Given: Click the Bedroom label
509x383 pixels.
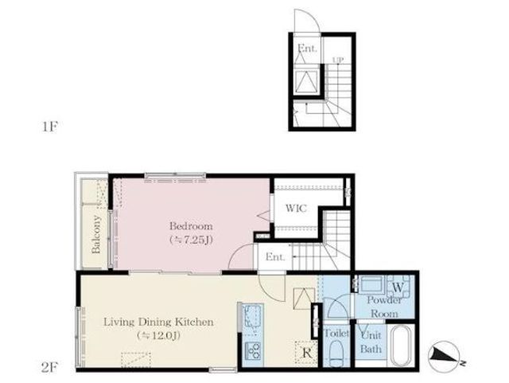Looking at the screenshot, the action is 191,226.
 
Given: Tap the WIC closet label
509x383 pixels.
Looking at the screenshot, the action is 296,208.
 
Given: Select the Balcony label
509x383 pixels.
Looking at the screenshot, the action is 95,234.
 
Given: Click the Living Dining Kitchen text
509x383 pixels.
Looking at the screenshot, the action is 158,322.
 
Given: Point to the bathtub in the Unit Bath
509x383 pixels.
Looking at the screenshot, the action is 401,346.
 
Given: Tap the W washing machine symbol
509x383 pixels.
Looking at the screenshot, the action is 398,287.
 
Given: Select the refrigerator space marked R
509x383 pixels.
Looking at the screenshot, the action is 306,352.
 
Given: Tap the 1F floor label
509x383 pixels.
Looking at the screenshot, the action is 50,127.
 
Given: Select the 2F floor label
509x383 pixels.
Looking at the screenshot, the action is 50,368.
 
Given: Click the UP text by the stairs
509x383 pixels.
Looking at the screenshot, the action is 337,61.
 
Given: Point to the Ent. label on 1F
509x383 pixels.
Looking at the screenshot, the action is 307,49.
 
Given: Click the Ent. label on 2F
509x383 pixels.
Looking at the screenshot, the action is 275,257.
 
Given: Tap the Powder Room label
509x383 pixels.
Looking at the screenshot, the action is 384,307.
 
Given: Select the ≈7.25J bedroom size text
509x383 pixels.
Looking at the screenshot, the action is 191,240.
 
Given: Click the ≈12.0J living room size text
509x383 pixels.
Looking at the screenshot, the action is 158,335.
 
